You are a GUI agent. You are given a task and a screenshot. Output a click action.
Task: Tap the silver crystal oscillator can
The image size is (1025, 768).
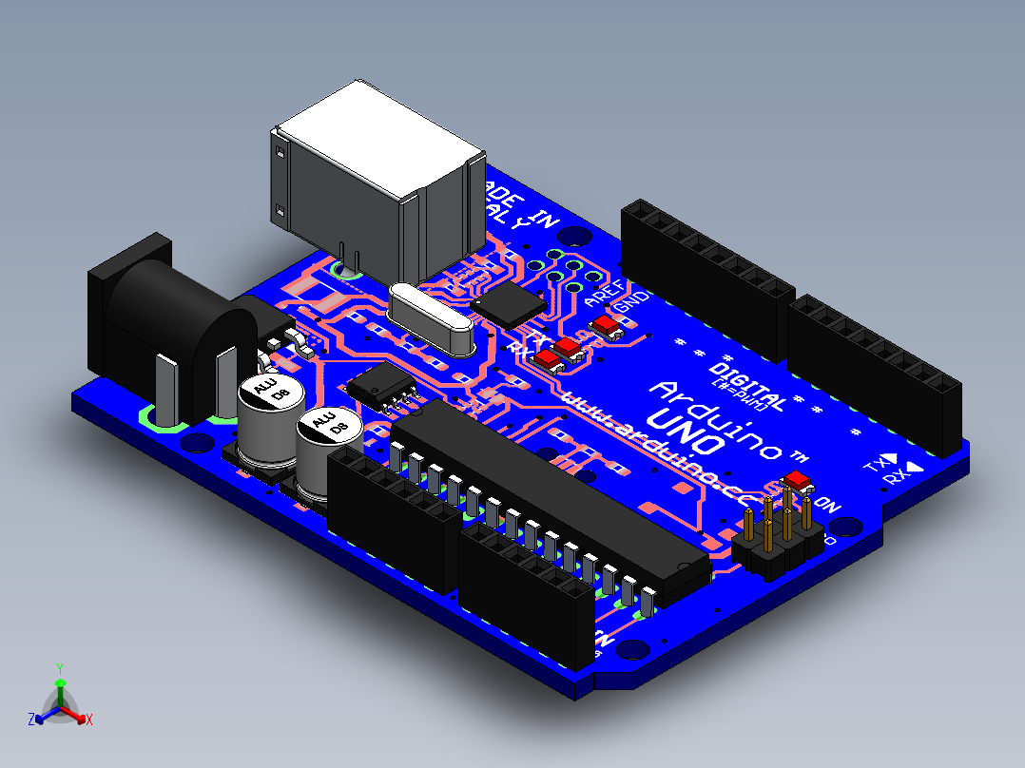click(x=430, y=317)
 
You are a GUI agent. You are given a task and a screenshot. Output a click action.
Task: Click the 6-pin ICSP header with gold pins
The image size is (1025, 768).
click(x=778, y=540)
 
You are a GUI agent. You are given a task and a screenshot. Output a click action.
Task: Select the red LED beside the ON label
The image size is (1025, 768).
click(x=797, y=481)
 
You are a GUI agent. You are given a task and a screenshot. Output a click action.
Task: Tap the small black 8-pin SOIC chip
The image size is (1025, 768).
click(x=383, y=388)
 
